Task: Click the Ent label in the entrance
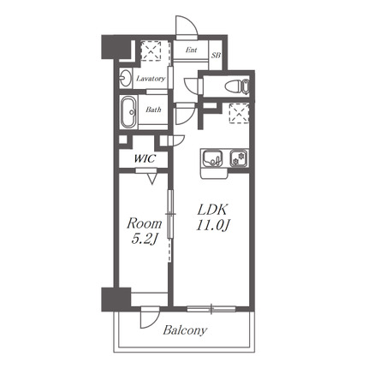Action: pos(191,50)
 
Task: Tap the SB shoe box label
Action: pos(216,56)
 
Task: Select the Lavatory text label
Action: pos(151,79)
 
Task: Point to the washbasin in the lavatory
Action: pos(125,78)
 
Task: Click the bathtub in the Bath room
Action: pos(128,112)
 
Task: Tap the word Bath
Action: pos(153,110)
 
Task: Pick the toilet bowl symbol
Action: pos(236,86)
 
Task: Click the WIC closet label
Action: pos(145,158)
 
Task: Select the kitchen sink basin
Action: pos(212,158)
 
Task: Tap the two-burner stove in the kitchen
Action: pos(239,158)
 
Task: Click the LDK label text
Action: pos(212,211)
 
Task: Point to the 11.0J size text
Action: pos(213,226)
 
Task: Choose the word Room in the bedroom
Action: pos(145,223)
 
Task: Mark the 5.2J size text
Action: pos(145,239)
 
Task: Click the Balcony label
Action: pos(185,330)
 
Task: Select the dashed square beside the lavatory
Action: pos(151,50)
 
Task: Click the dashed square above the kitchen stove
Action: pos(239,113)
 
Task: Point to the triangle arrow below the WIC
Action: pos(152,179)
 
